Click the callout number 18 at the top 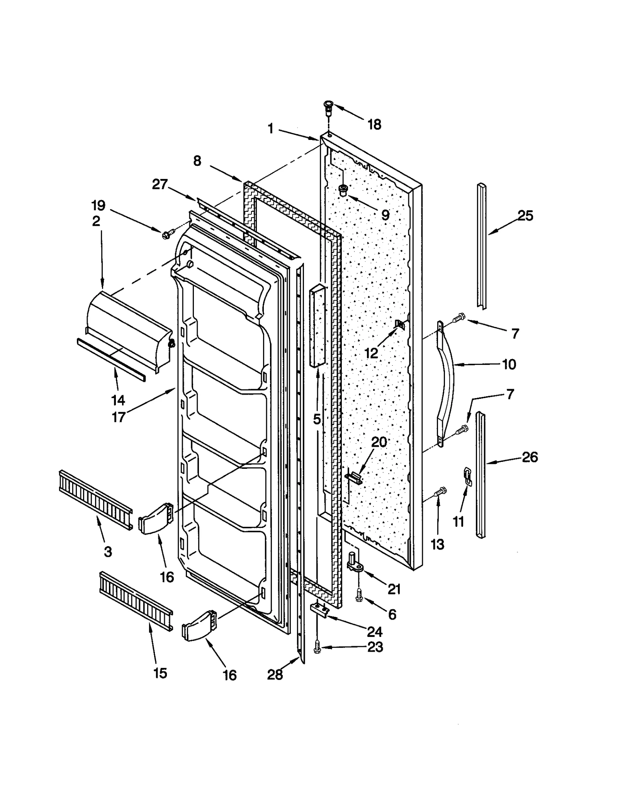point(374,124)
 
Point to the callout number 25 point(526,216)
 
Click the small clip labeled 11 point(468,476)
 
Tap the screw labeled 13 point(440,491)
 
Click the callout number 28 point(275,675)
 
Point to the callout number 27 point(160,184)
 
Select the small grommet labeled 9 point(342,190)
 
